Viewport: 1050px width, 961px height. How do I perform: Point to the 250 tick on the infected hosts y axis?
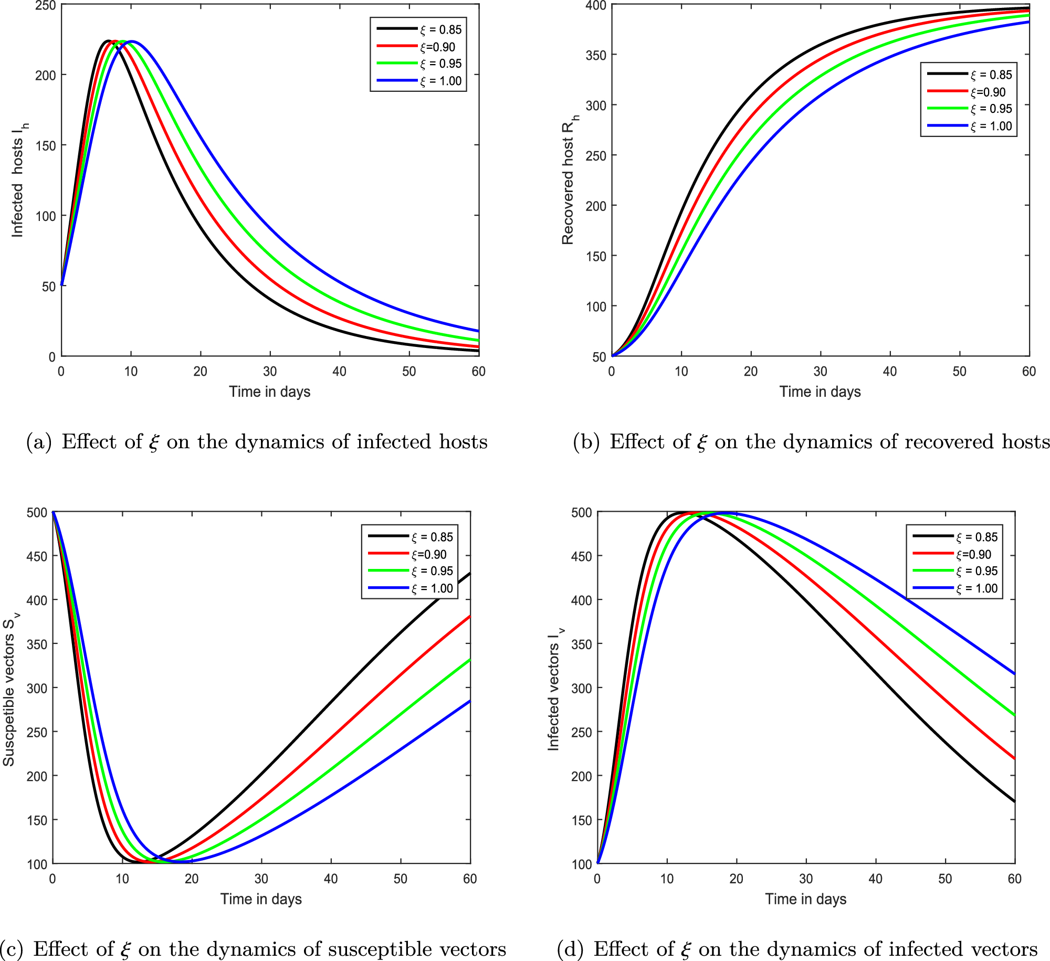[x=45, y=6]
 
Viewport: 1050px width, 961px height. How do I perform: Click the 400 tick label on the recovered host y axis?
[x=596, y=6]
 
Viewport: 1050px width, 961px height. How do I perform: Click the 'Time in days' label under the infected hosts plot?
[x=269, y=392]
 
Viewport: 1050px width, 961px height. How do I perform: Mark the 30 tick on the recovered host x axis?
[x=820, y=372]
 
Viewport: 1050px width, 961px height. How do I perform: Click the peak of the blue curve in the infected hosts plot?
[x=131, y=41]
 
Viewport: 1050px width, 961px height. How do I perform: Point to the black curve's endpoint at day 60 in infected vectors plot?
[x=1014, y=801]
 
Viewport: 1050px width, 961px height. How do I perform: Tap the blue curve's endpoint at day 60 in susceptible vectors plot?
[x=470, y=701]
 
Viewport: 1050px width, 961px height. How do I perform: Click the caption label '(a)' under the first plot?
[x=39, y=442]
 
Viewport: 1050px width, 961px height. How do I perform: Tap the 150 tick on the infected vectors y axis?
[x=581, y=820]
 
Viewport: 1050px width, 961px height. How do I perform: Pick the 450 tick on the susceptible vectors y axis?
[x=37, y=556]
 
